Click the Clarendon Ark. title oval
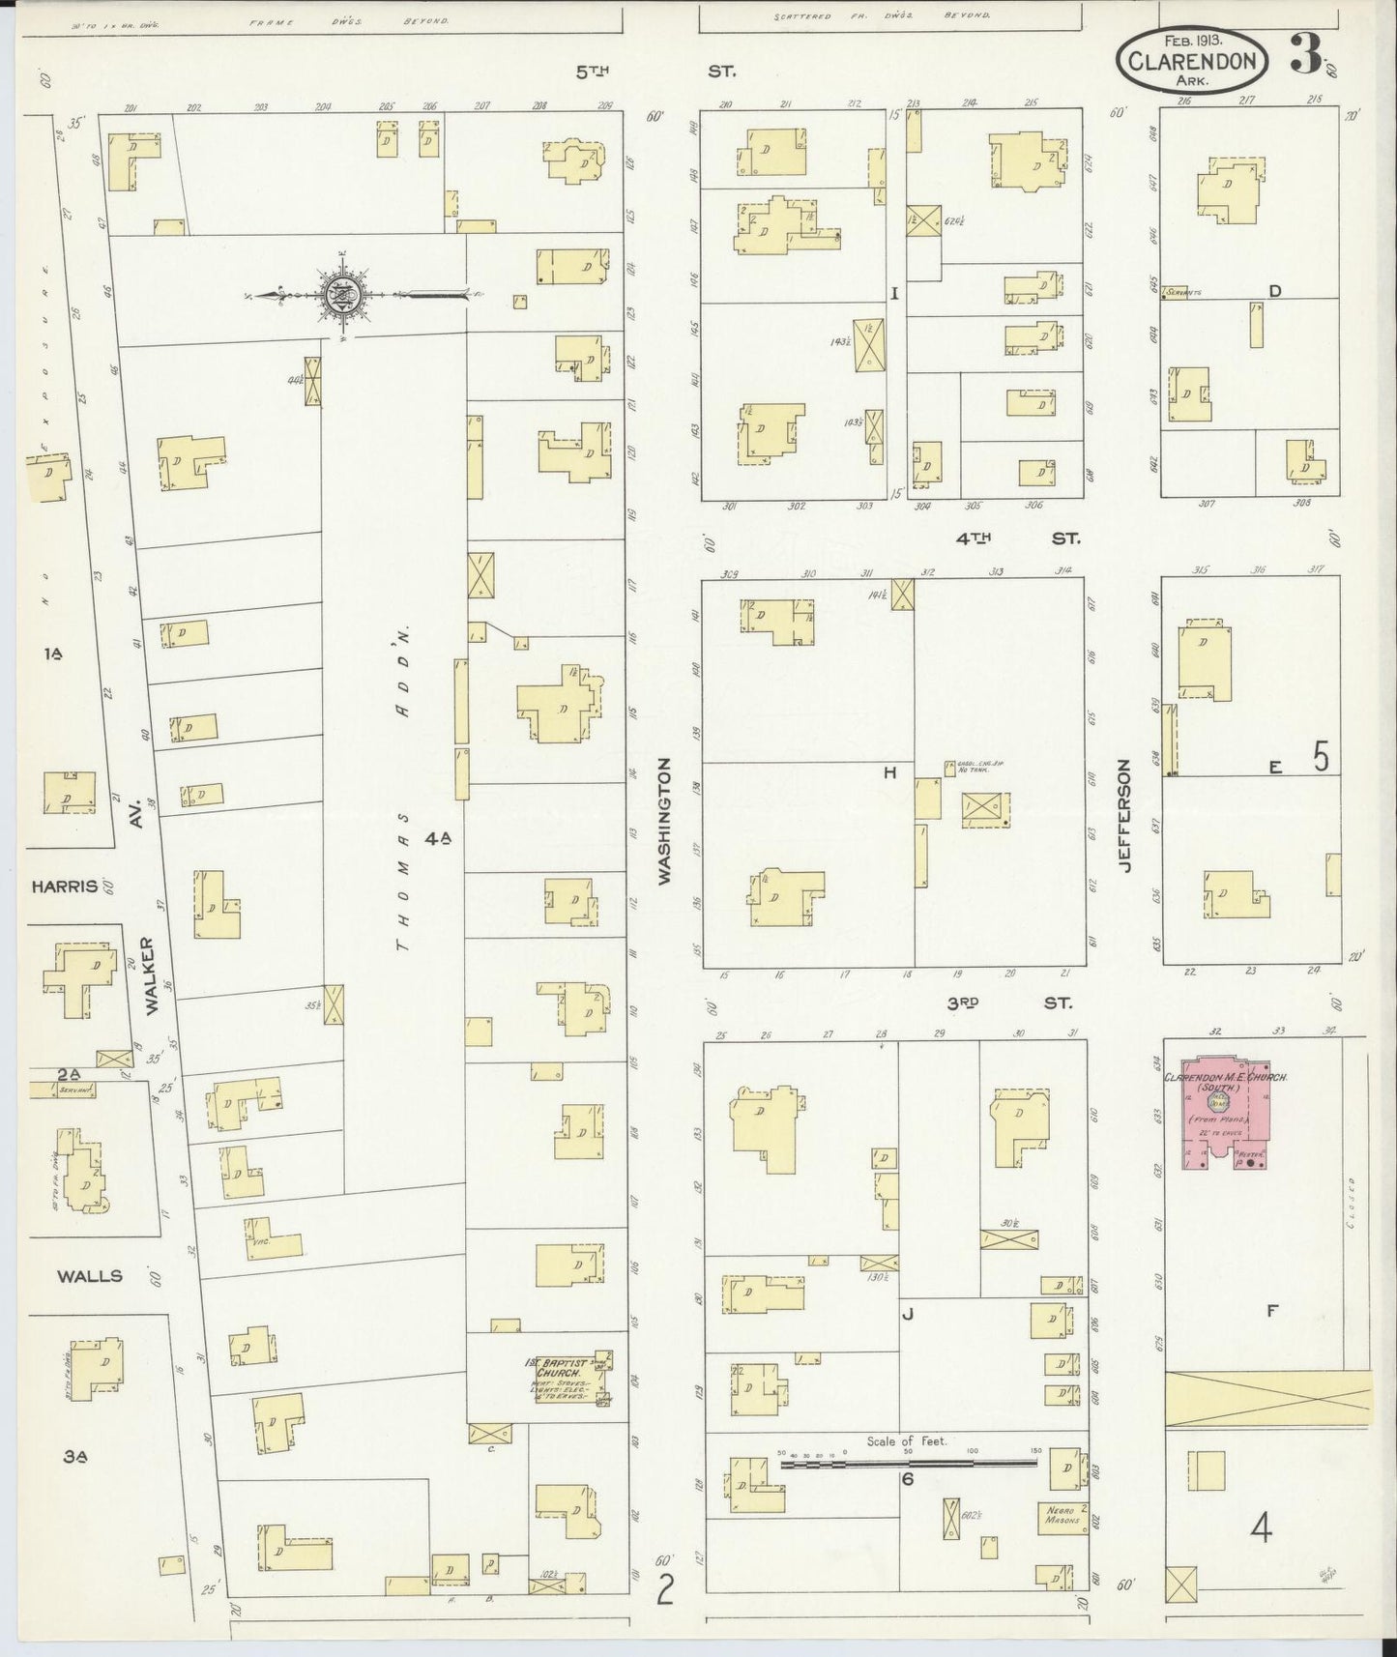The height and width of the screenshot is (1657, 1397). click(x=1192, y=61)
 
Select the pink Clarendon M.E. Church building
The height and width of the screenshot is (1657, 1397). click(x=1220, y=1113)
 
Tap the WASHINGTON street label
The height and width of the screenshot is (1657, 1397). click(x=664, y=820)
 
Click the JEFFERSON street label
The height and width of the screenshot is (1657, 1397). click(x=1124, y=817)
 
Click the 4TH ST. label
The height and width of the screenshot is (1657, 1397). click(x=1017, y=538)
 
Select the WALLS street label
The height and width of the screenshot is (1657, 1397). click(x=89, y=1276)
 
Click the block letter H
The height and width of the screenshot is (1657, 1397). click(x=889, y=772)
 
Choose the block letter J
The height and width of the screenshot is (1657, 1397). click(x=907, y=1313)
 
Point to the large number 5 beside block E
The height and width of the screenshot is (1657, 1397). click(x=1321, y=757)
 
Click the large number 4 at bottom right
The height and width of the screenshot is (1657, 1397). click(x=1261, y=1528)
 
